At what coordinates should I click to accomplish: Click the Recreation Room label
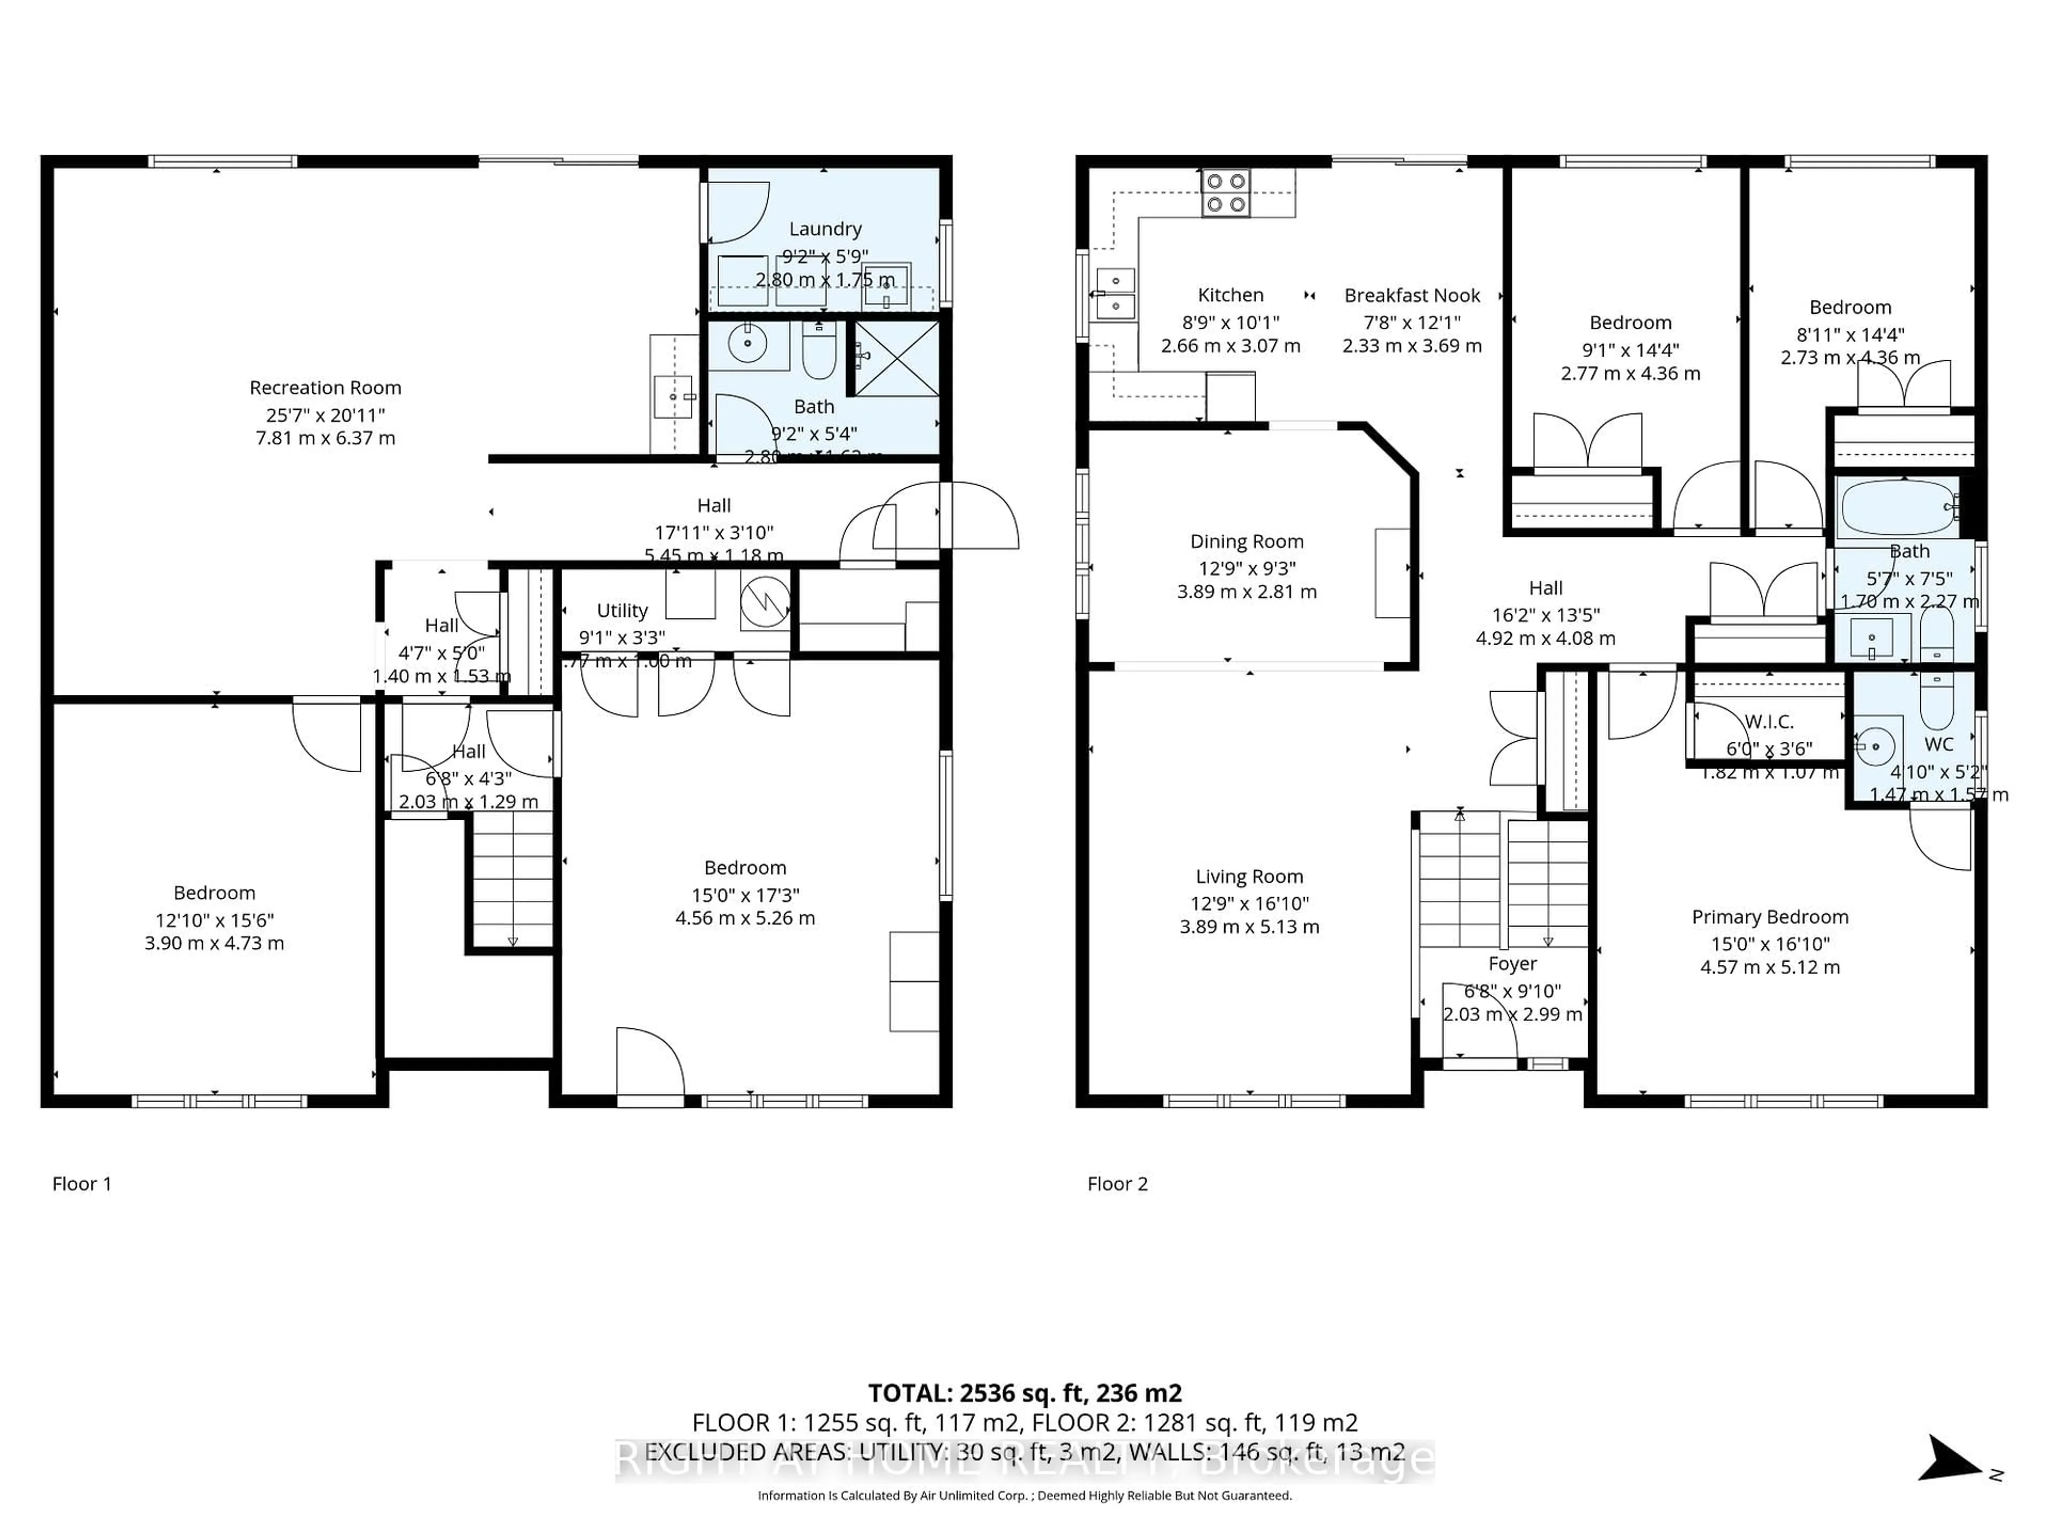(325, 387)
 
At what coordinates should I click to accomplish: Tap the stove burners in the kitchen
(1225, 193)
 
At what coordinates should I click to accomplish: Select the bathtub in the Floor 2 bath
(1898, 508)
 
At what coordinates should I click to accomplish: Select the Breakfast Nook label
(1412, 296)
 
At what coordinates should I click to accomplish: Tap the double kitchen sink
(1116, 293)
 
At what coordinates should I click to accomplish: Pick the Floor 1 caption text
(82, 1184)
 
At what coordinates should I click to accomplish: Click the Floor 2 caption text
(1117, 1184)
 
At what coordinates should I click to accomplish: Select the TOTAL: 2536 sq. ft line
(1024, 1392)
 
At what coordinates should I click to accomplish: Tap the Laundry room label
(825, 229)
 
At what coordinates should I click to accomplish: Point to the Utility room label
(622, 611)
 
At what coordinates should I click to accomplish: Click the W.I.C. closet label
(1769, 721)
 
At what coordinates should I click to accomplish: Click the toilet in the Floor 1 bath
(818, 350)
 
